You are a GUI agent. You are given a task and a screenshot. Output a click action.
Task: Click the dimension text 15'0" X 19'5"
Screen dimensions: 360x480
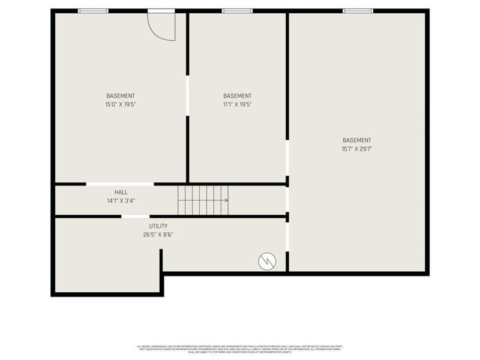click(121, 104)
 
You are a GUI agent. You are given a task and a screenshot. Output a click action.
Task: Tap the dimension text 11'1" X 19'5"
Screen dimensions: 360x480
click(238, 104)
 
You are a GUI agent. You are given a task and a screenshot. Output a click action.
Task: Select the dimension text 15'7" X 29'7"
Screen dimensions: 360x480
click(357, 149)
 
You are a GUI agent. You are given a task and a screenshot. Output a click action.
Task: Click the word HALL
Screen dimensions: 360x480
click(121, 193)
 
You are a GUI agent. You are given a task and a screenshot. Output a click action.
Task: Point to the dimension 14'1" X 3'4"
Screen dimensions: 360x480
click(121, 201)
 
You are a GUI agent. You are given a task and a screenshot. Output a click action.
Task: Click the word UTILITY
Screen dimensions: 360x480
click(158, 226)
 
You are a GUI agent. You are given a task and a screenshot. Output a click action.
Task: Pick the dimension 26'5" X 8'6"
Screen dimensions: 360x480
click(158, 235)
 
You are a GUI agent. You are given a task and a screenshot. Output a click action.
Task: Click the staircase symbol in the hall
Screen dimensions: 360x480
click(202, 200)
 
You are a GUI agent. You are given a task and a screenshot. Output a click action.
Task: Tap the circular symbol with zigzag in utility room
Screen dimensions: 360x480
click(267, 261)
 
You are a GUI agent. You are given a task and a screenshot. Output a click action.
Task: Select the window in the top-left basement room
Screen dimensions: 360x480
click(93, 10)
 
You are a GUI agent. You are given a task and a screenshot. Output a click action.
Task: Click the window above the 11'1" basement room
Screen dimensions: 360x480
click(238, 10)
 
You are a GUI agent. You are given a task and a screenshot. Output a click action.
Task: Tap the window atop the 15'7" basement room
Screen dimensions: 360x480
click(358, 10)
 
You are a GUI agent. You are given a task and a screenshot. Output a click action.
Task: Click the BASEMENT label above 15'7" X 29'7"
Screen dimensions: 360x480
click(357, 140)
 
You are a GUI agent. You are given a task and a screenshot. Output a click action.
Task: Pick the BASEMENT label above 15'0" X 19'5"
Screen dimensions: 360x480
click(121, 96)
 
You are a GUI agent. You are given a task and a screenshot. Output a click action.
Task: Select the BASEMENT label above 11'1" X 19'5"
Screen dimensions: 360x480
click(238, 96)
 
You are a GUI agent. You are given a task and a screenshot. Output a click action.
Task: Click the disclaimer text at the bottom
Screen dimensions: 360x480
click(240, 349)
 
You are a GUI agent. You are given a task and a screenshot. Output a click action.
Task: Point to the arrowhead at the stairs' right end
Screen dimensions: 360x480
click(226, 200)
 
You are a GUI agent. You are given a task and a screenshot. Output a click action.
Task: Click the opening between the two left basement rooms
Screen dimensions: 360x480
click(187, 95)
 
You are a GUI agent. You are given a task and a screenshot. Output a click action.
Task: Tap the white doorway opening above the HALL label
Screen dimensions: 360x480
click(120, 184)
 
